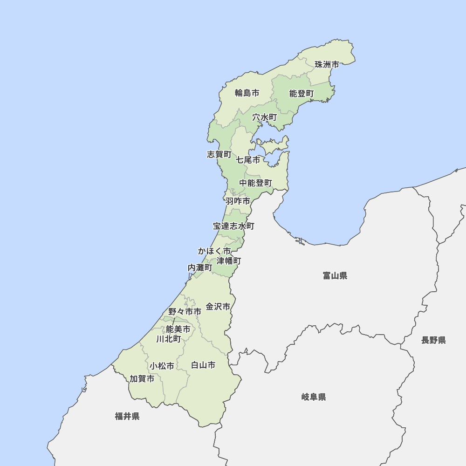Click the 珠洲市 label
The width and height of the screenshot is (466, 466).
point(327,64)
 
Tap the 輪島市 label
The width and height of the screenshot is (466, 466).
point(247,93)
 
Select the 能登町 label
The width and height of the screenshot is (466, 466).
point(302,94)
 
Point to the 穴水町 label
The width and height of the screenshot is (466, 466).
point(265,117)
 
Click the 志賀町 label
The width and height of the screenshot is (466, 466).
point(219,154)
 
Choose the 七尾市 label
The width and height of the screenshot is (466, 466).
point(248,160)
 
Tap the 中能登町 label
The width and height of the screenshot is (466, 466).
point(256,183)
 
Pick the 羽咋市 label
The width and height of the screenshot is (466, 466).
point(238,201)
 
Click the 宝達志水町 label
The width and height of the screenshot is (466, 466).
point(234,226)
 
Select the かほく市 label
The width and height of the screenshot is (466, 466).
point(214,251)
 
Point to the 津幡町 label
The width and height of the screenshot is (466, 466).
point(229,260)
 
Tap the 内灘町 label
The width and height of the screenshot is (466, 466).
point(200,267)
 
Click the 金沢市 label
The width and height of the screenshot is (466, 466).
point(218,307)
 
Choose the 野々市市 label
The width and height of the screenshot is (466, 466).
point(185,311)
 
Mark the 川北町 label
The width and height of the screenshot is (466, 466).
point(169,339)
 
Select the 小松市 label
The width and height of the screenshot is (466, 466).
point(162,366)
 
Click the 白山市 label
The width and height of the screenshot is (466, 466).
point(203,365)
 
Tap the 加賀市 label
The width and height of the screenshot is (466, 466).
point(142,378)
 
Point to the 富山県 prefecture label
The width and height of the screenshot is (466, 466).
point(335,276)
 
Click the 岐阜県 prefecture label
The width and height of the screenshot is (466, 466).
point(314,397)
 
